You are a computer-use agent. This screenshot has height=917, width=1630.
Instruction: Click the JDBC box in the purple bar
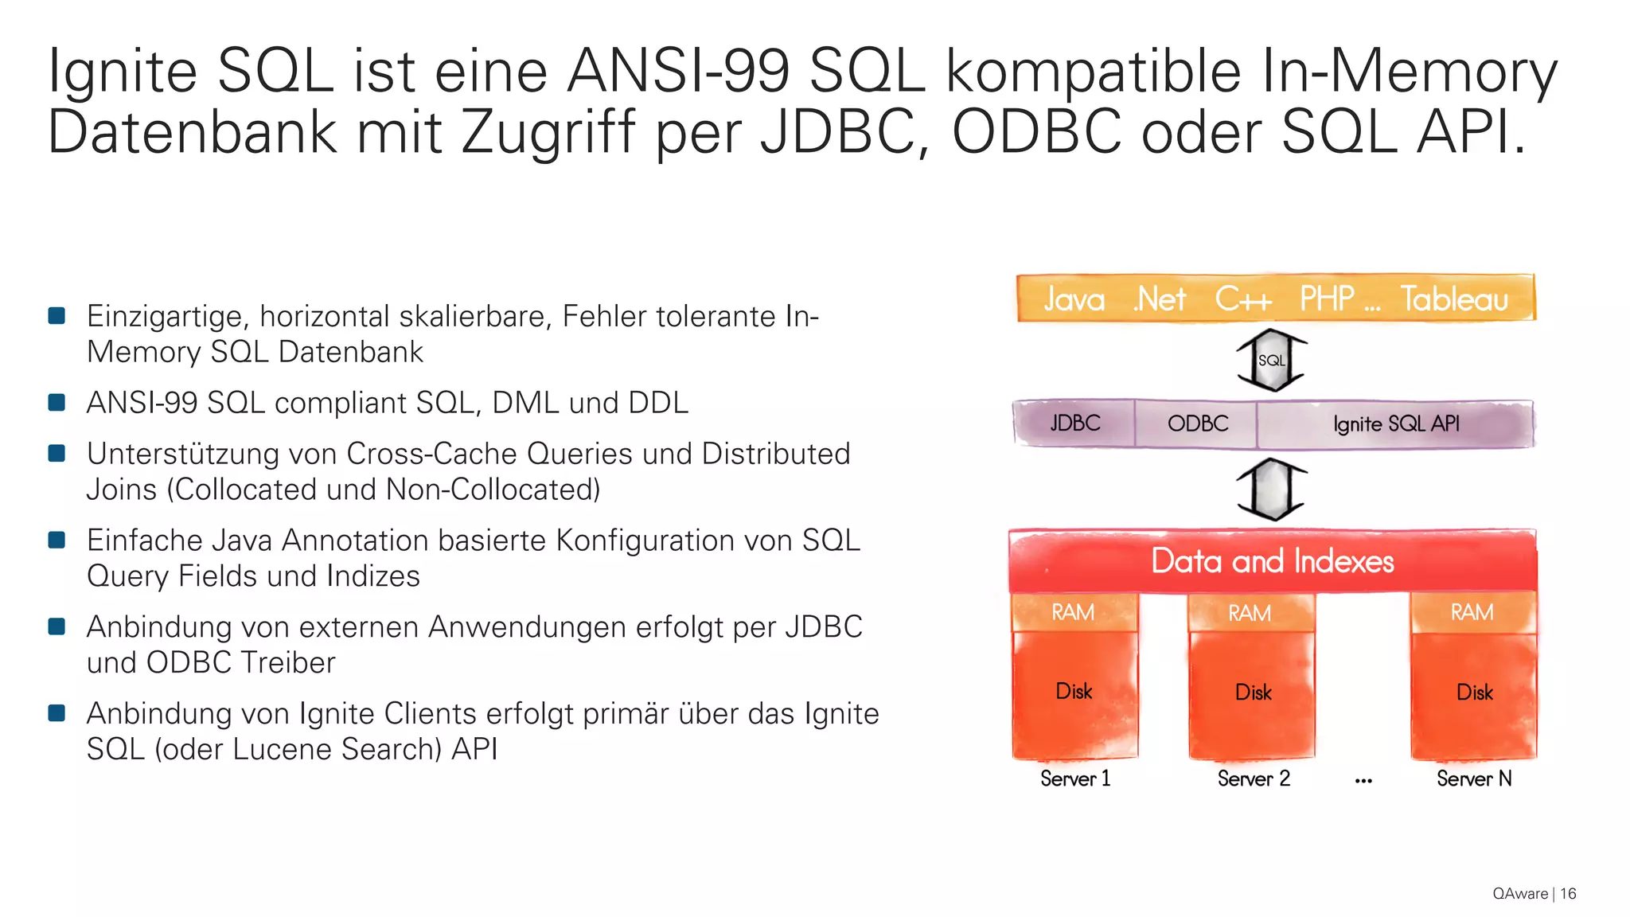click(1074, 423)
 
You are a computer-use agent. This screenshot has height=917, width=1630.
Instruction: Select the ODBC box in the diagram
click(1197, 423)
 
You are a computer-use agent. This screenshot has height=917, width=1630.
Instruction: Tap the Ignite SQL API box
click(1396, 423)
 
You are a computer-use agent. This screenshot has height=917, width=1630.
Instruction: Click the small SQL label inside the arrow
click(1271, 361)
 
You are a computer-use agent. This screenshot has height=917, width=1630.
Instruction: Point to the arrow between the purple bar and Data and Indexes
click(1272, 489)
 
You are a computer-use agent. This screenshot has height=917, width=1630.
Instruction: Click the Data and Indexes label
click(1272, 561)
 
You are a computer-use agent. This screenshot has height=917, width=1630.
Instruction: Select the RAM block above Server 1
click(1073, 612)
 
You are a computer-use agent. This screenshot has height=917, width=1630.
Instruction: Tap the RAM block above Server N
click(1472, 612)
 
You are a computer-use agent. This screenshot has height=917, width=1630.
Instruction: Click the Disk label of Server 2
click(1253, 693)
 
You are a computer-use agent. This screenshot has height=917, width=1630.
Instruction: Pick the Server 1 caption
click(1074, 778)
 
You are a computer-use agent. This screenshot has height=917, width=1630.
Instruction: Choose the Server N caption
click(1474, 778)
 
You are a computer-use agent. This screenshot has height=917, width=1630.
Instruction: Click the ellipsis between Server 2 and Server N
click(1363, 781)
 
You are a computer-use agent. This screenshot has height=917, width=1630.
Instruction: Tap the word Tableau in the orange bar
click(1454, 299)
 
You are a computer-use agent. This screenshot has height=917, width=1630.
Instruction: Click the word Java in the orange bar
click(1074, 299)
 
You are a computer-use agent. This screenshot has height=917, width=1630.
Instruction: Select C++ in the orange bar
click(1243, 299)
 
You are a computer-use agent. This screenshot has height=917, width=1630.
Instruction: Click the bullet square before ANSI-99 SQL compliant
click(57, 403)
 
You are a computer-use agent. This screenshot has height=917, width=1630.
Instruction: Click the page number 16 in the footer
click(1568, 893)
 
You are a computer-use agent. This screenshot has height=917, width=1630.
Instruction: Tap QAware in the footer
click(1520, 893)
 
